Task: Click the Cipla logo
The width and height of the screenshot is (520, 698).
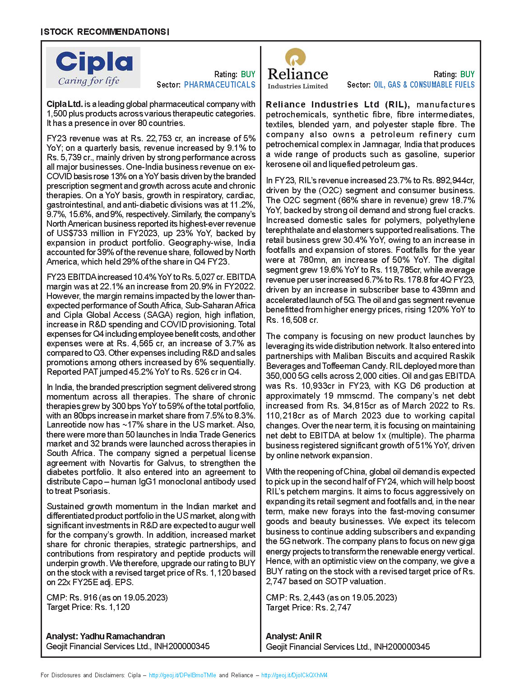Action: tap(93, 68)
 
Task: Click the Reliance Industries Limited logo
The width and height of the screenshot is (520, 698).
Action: tap(298, 69)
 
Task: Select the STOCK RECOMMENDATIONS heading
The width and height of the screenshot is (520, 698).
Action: tap(105, 32)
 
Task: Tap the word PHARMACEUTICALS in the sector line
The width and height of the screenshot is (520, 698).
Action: tap(219, 85)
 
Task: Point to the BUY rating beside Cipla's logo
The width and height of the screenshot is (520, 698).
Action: tap(248, 74)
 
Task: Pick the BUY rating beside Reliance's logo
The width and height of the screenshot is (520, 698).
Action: tap(467, 74)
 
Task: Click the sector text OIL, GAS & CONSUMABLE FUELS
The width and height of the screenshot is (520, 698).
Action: tap(424, 85)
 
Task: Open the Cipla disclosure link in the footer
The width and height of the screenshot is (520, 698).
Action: tap(182, 675)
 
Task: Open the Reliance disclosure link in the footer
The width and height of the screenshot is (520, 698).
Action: tap(294, 675)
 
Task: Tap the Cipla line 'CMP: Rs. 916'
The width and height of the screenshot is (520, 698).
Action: tap(107, 598)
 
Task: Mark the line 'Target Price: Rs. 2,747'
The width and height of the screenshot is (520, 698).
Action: tap(308, 608)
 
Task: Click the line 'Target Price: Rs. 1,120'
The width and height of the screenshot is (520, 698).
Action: tap(88, 607)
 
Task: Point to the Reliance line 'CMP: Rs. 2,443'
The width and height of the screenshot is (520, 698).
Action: tap(331, 598)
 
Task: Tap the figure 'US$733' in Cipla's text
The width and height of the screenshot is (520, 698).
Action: tap(71, 233)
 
